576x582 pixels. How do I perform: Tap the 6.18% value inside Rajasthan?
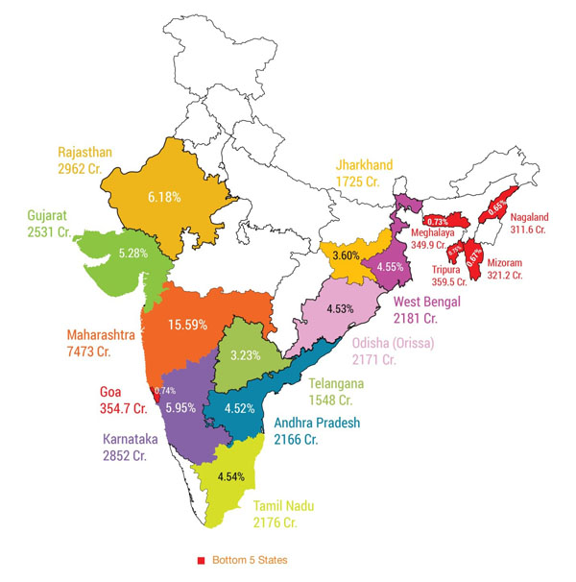click(x=164, y=196)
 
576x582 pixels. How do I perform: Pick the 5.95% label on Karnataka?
click(x=180, y=407)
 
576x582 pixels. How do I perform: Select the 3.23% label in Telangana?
click(x=246, y=355)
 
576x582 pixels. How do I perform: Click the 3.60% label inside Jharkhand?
click(x=345, y=257)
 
